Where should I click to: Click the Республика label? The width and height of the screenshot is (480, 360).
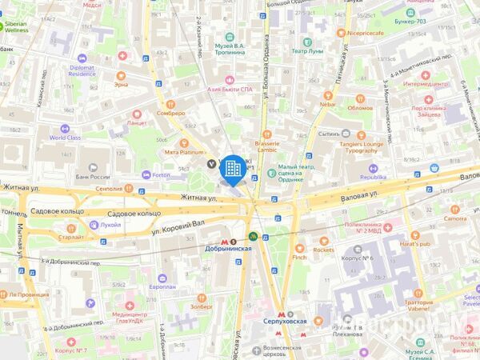[372, 176]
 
